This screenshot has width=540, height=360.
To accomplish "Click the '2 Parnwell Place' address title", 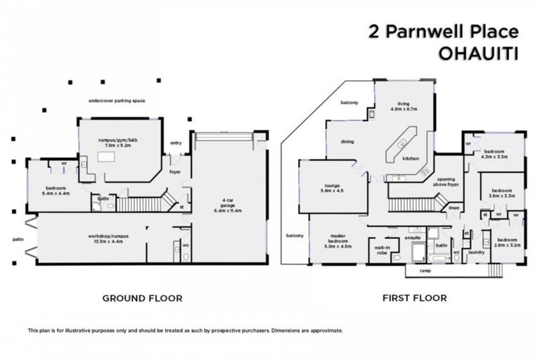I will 443,32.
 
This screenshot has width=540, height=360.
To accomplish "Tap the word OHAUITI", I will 477,52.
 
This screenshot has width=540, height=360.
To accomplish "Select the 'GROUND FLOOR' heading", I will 142,298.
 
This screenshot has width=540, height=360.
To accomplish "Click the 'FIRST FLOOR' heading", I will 414,298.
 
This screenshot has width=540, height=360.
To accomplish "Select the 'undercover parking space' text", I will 117,101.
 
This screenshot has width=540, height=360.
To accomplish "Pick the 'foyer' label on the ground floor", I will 176,170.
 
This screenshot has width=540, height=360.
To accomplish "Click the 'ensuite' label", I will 413,238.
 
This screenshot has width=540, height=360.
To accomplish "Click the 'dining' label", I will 347,142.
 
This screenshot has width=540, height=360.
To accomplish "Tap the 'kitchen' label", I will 411,159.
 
